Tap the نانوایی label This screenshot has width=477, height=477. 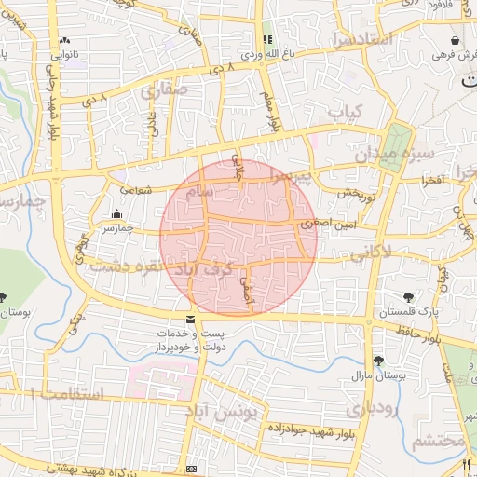[63, 54]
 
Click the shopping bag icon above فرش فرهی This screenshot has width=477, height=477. [454, 41]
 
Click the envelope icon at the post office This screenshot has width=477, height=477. [191, 320]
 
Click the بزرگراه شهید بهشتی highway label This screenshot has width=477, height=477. [129, 470]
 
